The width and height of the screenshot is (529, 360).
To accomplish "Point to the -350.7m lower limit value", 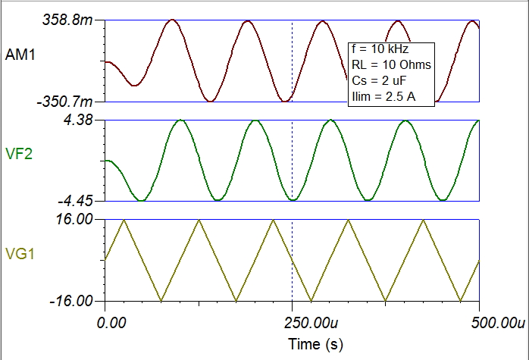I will click(72, 101).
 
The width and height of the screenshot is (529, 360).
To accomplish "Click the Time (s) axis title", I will click(316, 344).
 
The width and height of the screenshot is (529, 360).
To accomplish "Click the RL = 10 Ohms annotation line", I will click(391, 65).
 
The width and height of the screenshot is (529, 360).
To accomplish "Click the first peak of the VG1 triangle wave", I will click(124, 220).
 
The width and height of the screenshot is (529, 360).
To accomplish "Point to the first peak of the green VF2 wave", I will click(180, 121).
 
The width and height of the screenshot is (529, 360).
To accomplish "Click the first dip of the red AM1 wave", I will click(134, 86).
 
